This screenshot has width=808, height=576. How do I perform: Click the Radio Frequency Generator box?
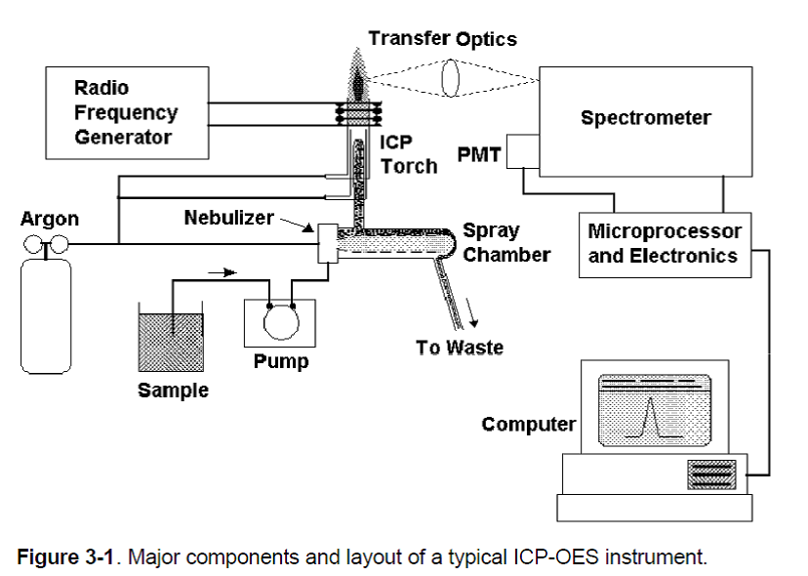(127, 111)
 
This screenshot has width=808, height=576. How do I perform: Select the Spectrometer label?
(645, 119)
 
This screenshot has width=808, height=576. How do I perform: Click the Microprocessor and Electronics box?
(665, 244)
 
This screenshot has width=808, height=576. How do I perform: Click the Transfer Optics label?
(442, 39)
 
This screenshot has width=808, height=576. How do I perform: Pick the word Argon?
(49, 220)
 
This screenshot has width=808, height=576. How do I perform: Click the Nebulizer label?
(229, 218)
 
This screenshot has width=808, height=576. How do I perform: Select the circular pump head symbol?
(280, 318)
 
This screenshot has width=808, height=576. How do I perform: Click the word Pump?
(281, 362)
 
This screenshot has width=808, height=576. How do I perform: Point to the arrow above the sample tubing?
(223, 271)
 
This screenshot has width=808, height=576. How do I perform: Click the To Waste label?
(460, 348)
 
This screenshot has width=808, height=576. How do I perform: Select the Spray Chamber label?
(505, 243)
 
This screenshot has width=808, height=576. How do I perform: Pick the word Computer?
(528, 425)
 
